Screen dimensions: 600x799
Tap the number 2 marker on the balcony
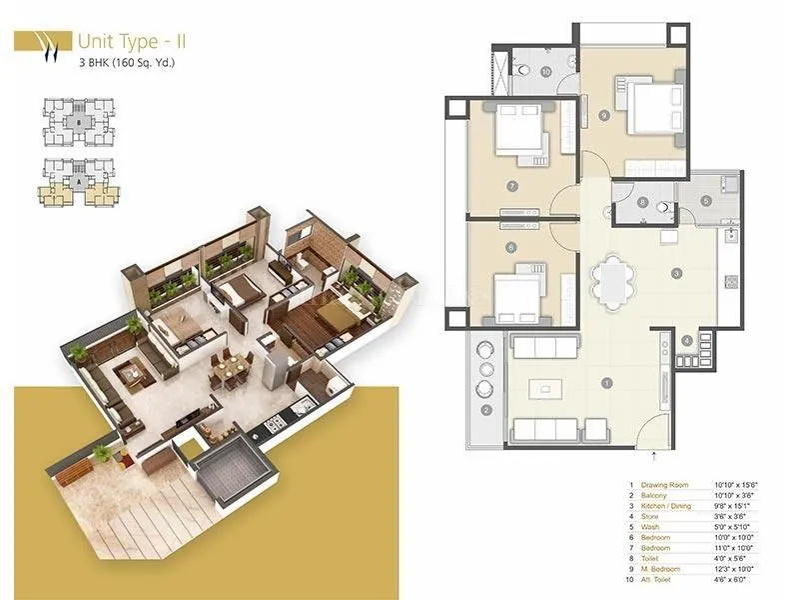pos(487,410)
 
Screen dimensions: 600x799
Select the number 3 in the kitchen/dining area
pos(676,273)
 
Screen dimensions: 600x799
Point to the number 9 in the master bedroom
pos(604,116)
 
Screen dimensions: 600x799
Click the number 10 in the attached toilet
pos(546,72)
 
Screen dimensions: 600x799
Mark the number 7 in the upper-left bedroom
pos(511,186)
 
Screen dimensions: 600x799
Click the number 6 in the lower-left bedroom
pos(511,248)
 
